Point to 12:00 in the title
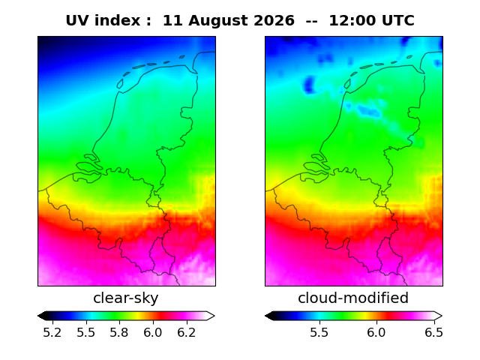point(352,20)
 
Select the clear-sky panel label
point(126,298)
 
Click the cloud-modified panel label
point(353,298)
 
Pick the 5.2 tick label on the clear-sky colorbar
point(52,332)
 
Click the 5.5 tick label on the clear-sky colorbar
point(86,332)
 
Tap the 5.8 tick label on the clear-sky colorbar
point(119,332)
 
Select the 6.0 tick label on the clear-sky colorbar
point(153,332)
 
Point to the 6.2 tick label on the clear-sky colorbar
point(187,332)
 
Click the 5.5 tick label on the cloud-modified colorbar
point(319,332)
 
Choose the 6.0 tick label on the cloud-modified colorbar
point(376,332)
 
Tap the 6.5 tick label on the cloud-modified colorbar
point(433,332)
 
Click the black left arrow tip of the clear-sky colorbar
point(38,316)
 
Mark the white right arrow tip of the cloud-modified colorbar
point(442,316)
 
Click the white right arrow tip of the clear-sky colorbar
point(214,316)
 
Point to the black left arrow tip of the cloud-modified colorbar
point(265,316)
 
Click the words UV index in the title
point(103,20)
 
